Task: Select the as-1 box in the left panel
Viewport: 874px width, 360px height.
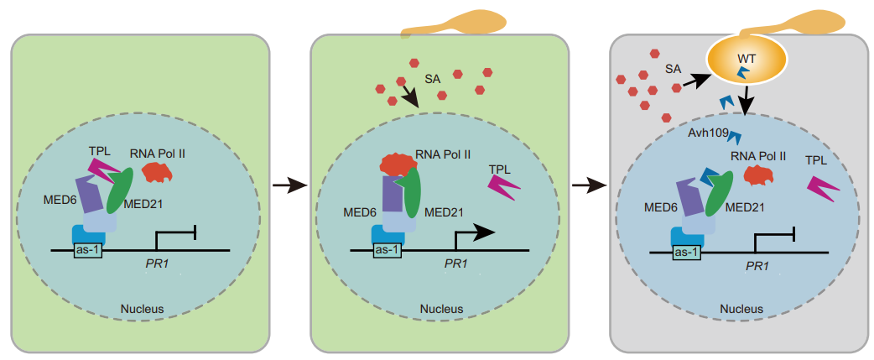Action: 87,249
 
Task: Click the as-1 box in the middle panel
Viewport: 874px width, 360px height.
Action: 386,249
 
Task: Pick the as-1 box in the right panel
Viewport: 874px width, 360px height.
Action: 687,251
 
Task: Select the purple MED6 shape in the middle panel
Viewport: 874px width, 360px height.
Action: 392,191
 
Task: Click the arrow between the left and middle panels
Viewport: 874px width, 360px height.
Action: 289,185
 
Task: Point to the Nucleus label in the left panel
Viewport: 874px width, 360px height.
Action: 142,308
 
